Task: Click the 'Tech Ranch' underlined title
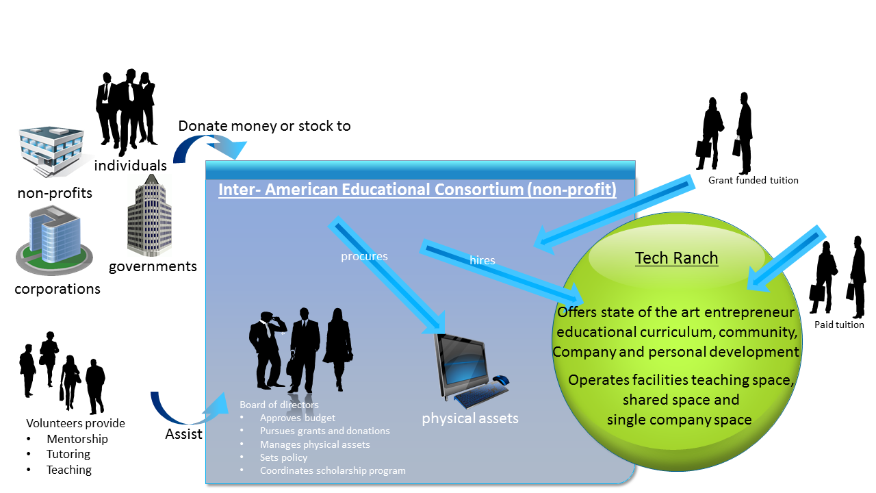click(676, 258)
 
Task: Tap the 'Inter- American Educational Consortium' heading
click(417, 190)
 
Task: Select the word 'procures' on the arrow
click(364, 256)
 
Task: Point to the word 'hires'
click(482, 260)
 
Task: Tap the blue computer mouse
click(501, 379)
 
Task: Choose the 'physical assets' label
click(470, 418)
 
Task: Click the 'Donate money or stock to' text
click(264, 126)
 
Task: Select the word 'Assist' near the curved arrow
click(183, 434)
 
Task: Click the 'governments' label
click(153, 266)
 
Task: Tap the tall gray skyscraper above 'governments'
click(149, 215)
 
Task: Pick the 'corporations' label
click(57, 289)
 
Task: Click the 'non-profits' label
click(55, 193)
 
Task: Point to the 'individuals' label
click(130, 166)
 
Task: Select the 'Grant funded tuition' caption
click(753, 180)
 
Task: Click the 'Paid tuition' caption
click(839, 325)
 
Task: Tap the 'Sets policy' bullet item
click(283, 457)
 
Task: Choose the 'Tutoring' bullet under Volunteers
click(68, 454)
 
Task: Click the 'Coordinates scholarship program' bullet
click(333, 470)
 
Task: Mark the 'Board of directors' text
click(279, 405)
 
